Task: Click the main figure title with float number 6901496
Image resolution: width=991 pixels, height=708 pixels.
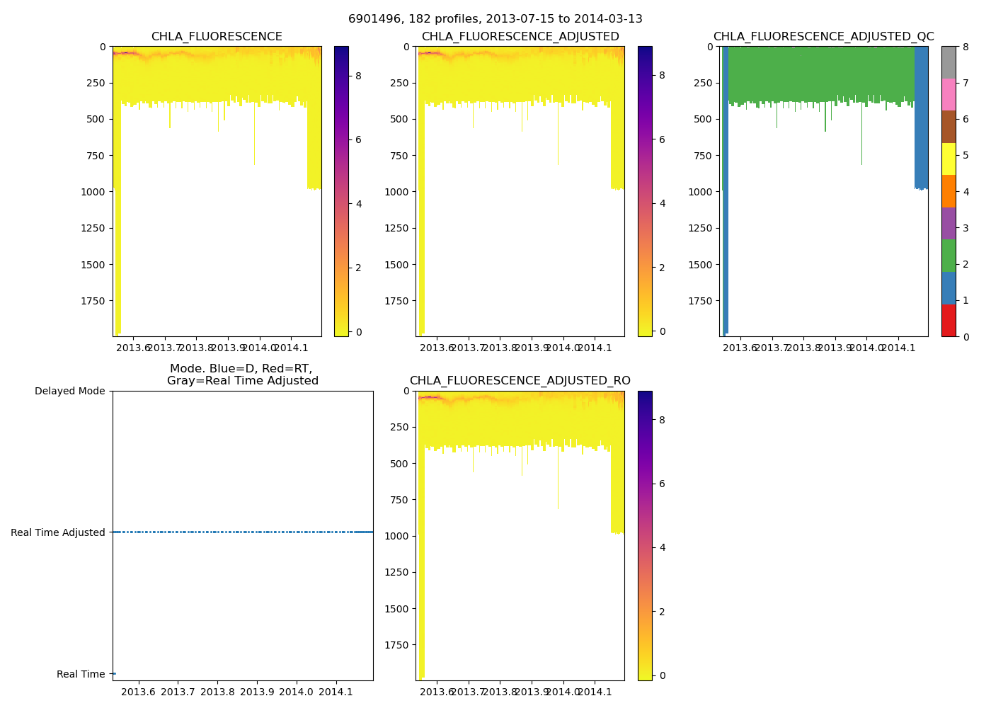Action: (x=495, y=19)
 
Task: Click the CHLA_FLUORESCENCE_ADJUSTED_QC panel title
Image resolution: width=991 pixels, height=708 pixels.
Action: (x=823, y=37)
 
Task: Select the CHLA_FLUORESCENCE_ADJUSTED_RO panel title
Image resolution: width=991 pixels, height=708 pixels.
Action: (x=520, y=381)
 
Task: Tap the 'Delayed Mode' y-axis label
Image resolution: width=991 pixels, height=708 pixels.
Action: (x=69, y=391)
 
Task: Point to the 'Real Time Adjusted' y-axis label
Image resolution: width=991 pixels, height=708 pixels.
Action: (x=57, y=532)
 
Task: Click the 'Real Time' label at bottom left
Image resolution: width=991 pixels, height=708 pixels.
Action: (x=81, y=674)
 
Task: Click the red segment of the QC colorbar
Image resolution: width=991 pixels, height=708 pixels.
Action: (x=949, y=320)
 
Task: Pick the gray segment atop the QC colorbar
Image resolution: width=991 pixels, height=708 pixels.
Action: (x=949, y=62)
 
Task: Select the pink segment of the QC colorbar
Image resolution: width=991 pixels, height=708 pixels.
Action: (x=949, y=94)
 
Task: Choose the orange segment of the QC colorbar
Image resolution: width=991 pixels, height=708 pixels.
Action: (x=949, y=191)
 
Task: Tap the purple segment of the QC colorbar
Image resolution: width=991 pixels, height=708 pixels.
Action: (x=949, y=223)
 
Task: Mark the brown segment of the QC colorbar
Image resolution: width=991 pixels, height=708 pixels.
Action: (x=949, y=127)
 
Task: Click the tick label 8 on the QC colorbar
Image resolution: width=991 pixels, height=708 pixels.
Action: (x=966, y=47)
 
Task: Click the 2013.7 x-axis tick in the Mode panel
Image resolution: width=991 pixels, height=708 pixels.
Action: (x=178, y=692)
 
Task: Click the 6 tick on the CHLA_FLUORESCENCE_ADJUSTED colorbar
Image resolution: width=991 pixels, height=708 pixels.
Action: (x=662, y=139)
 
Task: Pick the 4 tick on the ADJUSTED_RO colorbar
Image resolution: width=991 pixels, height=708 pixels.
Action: (x=662, y=547)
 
